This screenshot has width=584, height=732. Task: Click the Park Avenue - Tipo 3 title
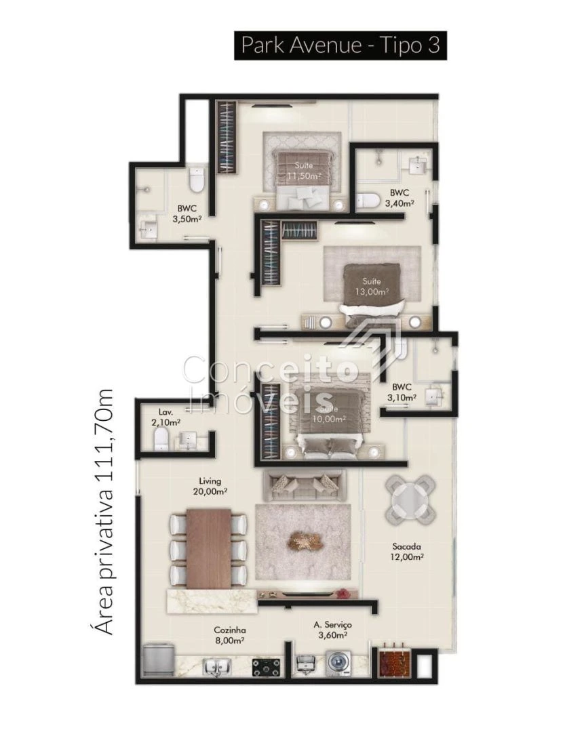(340, 45)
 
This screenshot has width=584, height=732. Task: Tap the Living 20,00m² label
(210, 486)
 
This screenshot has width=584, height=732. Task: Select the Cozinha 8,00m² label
(229, 635)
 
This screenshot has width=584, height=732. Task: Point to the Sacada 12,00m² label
(407, 551)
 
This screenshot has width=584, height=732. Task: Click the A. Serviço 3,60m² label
(332, 630)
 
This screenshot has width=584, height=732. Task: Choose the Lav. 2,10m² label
(166, 417)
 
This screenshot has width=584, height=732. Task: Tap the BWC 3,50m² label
(187, 213)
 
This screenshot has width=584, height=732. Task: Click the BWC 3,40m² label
(400, 197)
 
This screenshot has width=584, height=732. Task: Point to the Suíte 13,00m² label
(372, 287)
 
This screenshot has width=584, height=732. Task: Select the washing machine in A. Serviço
(336, 662)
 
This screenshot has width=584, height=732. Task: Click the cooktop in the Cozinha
(267, 667)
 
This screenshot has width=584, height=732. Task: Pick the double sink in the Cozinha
(216, 667)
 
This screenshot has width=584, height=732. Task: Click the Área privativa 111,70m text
(104, 512)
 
